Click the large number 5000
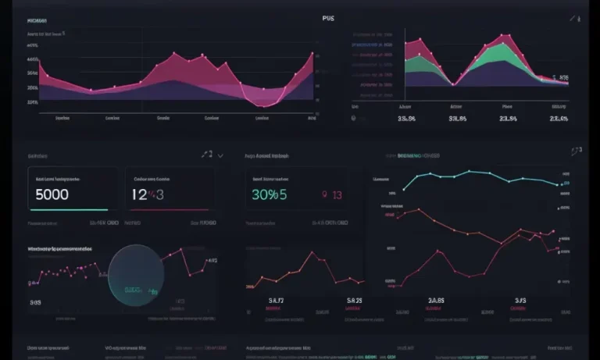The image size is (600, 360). (52, 194)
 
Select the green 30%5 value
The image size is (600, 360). (270, 195)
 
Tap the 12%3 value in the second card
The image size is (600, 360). (148, 195)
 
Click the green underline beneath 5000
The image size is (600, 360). (68, 210)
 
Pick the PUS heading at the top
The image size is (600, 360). (327, 18)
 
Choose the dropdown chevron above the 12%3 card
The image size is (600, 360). (221, 155)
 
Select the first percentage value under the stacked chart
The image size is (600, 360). (407, 119)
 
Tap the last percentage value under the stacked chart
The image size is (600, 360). (559, 119)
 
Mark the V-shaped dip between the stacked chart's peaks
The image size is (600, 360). (453, 84)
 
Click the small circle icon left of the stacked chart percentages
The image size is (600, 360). (353, 119)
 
